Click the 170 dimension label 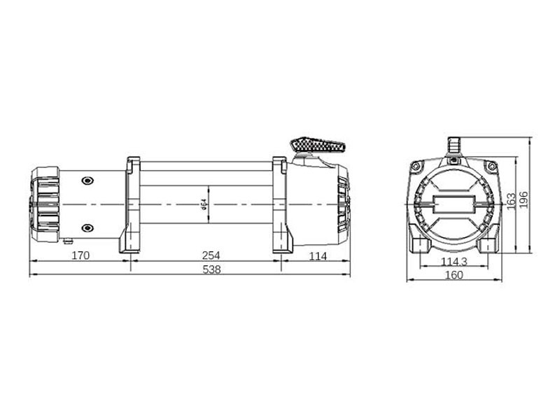[x=80, y=255]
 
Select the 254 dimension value [x=211, y=255]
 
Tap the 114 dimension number [x=318, y=256]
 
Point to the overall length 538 [x=211, y=269]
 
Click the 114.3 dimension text [x=454, y=262]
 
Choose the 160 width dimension [x=454, y=275]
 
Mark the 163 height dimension [x=512, y=201]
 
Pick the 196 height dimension [x=523, y=200]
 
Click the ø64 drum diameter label [x=204, y=204]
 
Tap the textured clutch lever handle [x=318, y=145]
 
